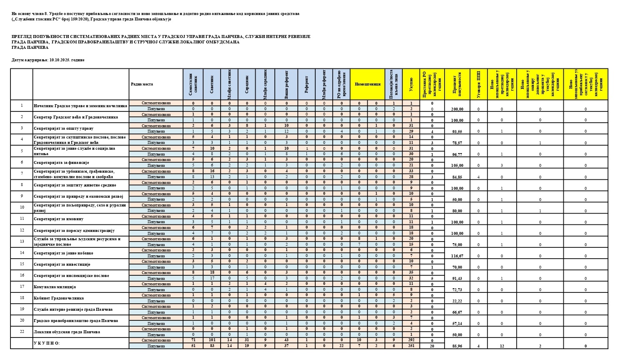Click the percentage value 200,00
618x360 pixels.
[x=457, y=109]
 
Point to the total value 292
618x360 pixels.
[x=411, y=340]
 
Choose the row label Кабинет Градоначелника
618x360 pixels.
[x=59, y=298]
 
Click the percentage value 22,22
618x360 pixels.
[x=457, y=301]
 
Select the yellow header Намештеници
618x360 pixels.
[x=367, y=84]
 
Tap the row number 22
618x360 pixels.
[x=22, y=332]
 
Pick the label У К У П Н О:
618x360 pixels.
[x=47, y=343]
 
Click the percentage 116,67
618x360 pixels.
[x=457, y=256]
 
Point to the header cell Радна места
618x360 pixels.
[x=142, y=84]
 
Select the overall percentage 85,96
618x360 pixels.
[x=457, y=346]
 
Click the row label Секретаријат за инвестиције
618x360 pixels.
[x=62, y=264]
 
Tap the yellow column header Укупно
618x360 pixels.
[x=411, y=84]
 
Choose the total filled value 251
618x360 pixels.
[x=411, y=346]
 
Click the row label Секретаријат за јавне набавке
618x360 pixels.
[x=63, y=253]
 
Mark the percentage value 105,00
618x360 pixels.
[x=457, y=165]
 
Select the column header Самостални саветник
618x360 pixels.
[x=193, y=84]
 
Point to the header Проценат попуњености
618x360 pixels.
[x=457, y=84]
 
